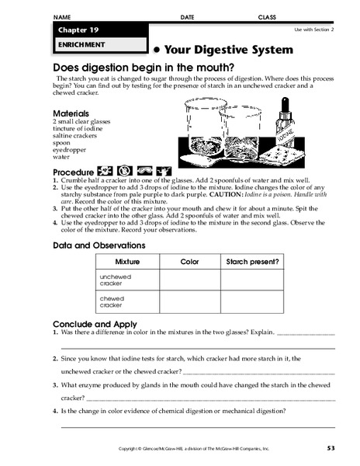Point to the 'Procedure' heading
pyautogui.click(x=71, y=171)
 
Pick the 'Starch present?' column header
pyautogui.click(x=252, y=263)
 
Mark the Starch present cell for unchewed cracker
pyautogui.click(x=252, y=280)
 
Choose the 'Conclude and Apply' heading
pyautogui.click(x=95, y=324)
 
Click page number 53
pyautogui.click(x=331, y=449)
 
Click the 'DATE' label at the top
pyautogui.click(x=187, y=16)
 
